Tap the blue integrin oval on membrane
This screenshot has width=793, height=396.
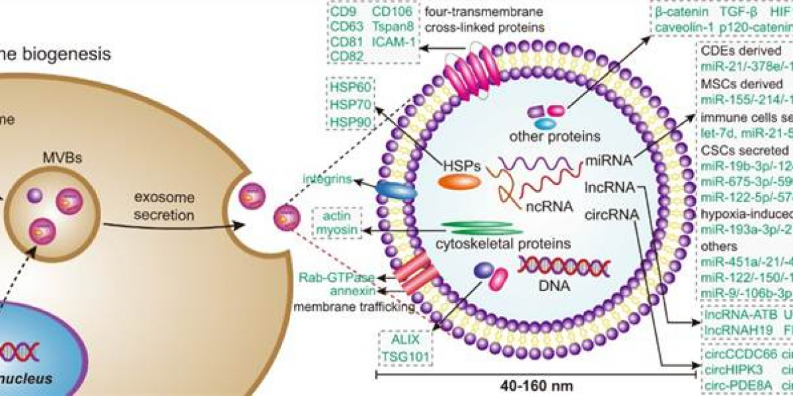[396, 190]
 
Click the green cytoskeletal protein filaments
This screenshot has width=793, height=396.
[481, 228]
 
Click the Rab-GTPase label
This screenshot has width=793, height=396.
[337, 277]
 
